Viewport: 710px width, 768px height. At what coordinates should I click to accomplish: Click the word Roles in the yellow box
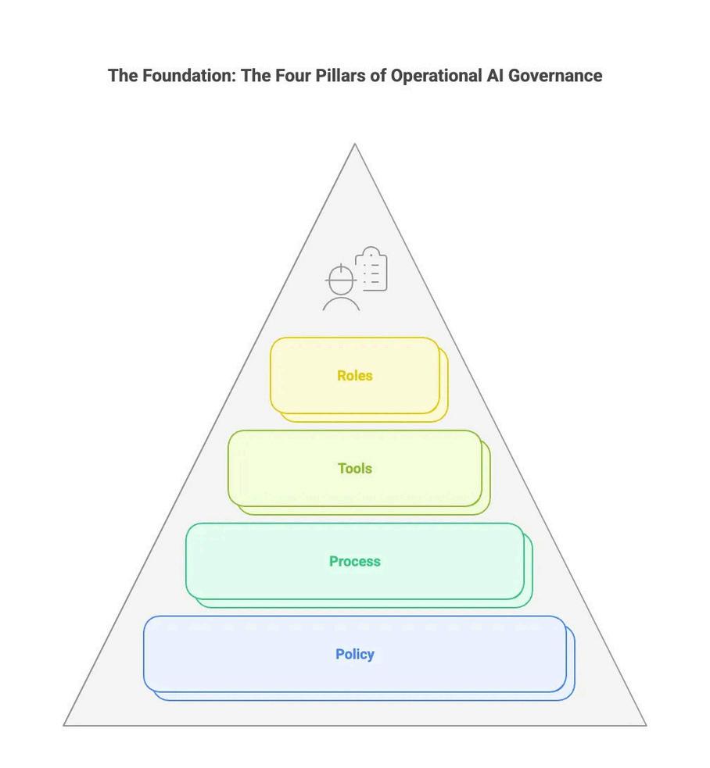[x=354, y=376]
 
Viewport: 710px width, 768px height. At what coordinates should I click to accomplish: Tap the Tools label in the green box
[x=354, y=469]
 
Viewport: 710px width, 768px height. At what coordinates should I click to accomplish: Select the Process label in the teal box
[x=354, y=562]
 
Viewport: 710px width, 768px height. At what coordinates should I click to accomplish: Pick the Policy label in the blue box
[x=354, y=655]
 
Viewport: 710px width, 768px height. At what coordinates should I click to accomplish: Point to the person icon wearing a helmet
[x=342, y=288]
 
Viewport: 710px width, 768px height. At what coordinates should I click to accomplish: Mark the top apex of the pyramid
[x=355, y=145]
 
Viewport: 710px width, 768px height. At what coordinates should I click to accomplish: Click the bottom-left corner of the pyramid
[x=65, y=725]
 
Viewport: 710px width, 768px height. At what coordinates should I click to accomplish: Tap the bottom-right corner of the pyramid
[x=645, y=725]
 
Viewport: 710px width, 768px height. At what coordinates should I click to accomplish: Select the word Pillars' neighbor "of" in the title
[x=377, y=76]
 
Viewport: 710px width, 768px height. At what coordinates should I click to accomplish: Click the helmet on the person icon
[x=341, y=276]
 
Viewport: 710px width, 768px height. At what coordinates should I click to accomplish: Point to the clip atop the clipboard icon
[x=371, y=251]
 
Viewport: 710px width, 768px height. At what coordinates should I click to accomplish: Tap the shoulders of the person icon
[x=342, y=304]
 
